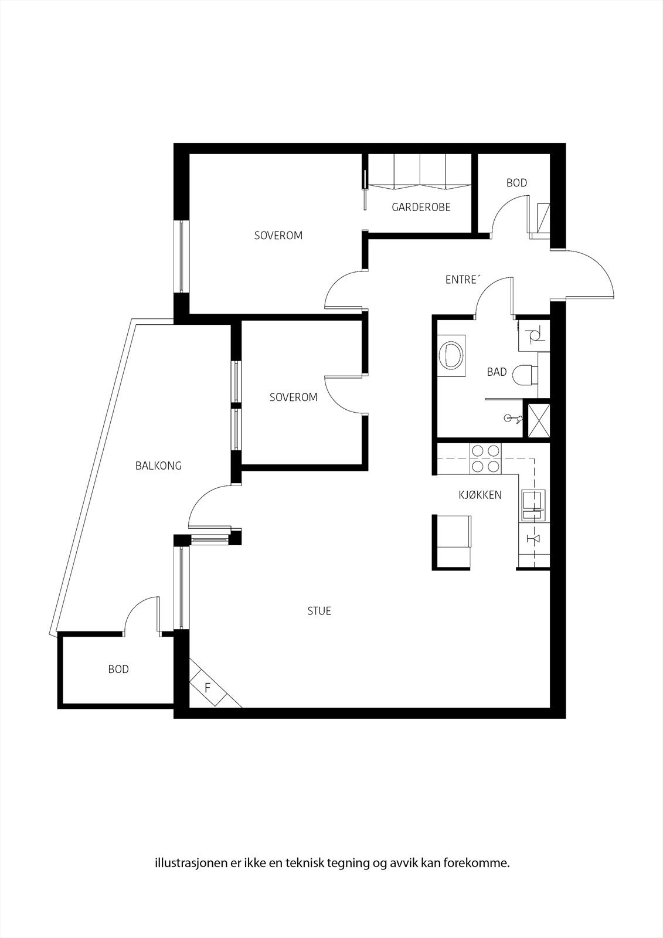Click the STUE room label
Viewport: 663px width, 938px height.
pos(319,611)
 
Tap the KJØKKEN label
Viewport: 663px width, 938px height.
pos(480,495)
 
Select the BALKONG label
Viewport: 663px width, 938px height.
pos(158,466)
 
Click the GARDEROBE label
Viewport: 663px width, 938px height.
pos(421,207)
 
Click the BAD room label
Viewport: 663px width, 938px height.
pos(497,372)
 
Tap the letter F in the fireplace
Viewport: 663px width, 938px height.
pos(207,688)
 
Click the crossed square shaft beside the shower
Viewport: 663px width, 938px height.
pos(539,419)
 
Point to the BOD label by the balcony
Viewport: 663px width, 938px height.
pos(118,669)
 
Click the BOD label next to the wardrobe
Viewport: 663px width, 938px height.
pos(516,183)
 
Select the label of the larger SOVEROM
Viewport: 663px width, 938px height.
pos(278,236)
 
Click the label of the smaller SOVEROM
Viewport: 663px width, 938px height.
pos(293,397)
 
